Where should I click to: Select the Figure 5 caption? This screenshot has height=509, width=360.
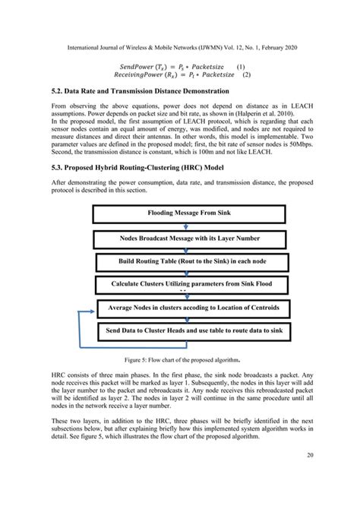click(x=180, y=359)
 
